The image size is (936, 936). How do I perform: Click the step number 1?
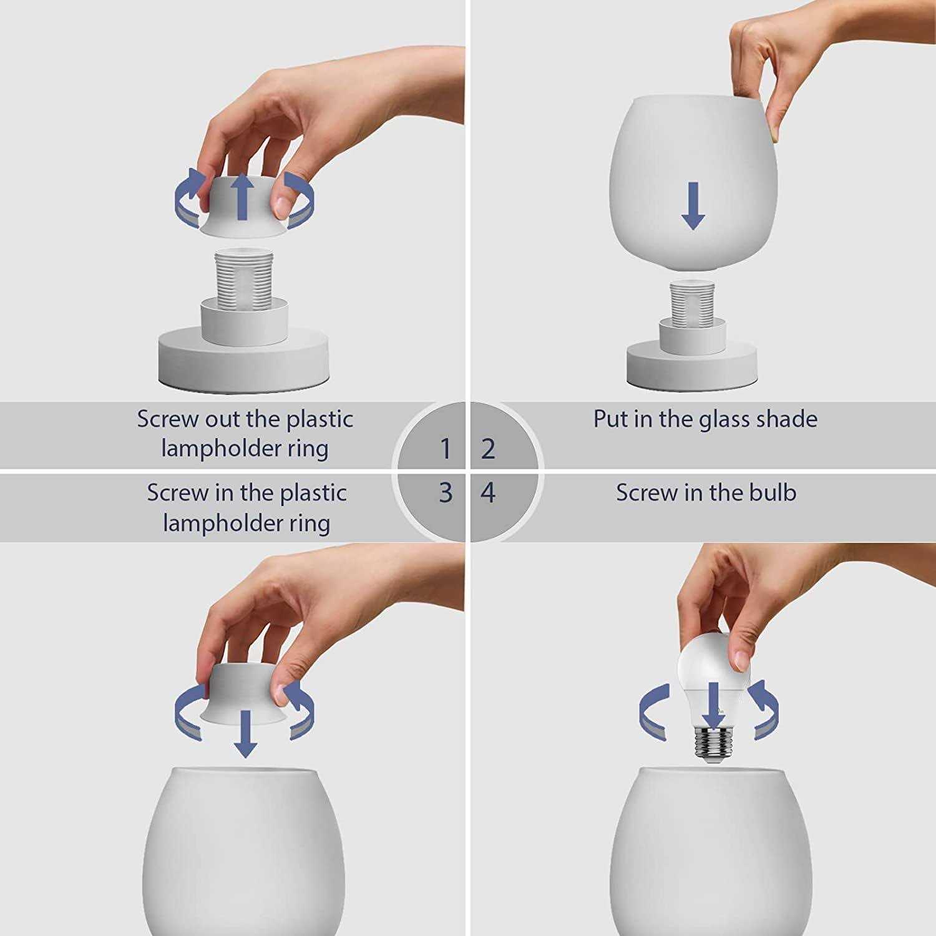click(445, 448)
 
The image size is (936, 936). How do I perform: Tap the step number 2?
click(489, 449)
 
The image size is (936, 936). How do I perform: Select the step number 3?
click(445, 493)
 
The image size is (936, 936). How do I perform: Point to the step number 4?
click(488, 493)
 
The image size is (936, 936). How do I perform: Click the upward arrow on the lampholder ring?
click(243, 197)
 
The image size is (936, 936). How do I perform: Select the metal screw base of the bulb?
click(710, 743)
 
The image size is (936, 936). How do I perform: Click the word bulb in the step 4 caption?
click(773, 493)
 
